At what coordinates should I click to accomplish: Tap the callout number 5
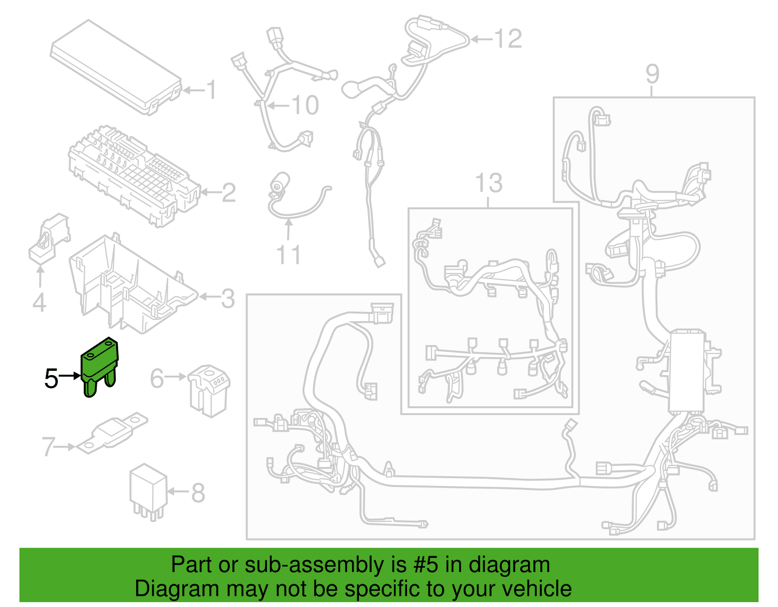click(51, 379)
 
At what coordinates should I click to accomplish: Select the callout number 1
click(211, 90)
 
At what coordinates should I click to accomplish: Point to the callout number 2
click(229, 193)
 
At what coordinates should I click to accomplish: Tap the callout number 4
click(39, 302)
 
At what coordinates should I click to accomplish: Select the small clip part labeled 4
click(49, 238)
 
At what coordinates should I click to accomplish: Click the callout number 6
click(157, 379)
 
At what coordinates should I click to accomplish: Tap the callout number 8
click(198, 493)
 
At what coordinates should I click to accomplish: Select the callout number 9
click(653, 74)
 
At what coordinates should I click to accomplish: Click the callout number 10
click(305, 105)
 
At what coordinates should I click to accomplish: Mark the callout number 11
click(288, 255)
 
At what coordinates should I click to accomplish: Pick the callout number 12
click(508, 39)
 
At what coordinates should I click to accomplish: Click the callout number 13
click(489, 183)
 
